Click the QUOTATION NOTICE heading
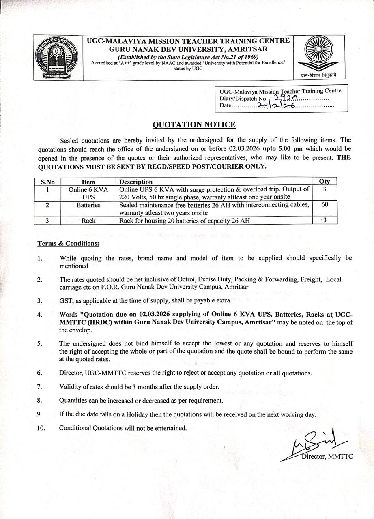193,125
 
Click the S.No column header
48,182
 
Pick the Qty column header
325,182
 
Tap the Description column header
136,182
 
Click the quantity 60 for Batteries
325,205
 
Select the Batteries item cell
88,205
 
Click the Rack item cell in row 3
88,221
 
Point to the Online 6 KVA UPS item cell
88,193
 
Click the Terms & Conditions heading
68,244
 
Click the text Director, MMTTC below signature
327,457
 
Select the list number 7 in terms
39,387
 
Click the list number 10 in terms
41,428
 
